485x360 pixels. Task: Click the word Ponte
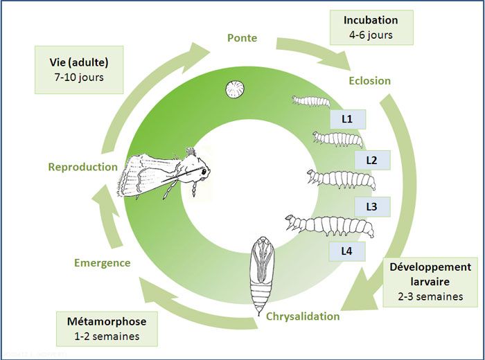(242, 37)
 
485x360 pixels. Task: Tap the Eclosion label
(369, 80)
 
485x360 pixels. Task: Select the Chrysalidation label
(303, 316)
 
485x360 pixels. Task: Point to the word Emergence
(102, 262)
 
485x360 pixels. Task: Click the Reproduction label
(83, 167)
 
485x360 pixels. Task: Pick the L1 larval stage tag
(348, 119)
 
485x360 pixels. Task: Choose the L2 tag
(371, 161)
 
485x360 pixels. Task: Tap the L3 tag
(371, 206)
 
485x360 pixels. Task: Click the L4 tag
(348, 251)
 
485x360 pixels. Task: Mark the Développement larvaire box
(430, 282)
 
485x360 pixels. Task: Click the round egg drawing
(233, 89)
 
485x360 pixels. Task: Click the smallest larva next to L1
(310, 101)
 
